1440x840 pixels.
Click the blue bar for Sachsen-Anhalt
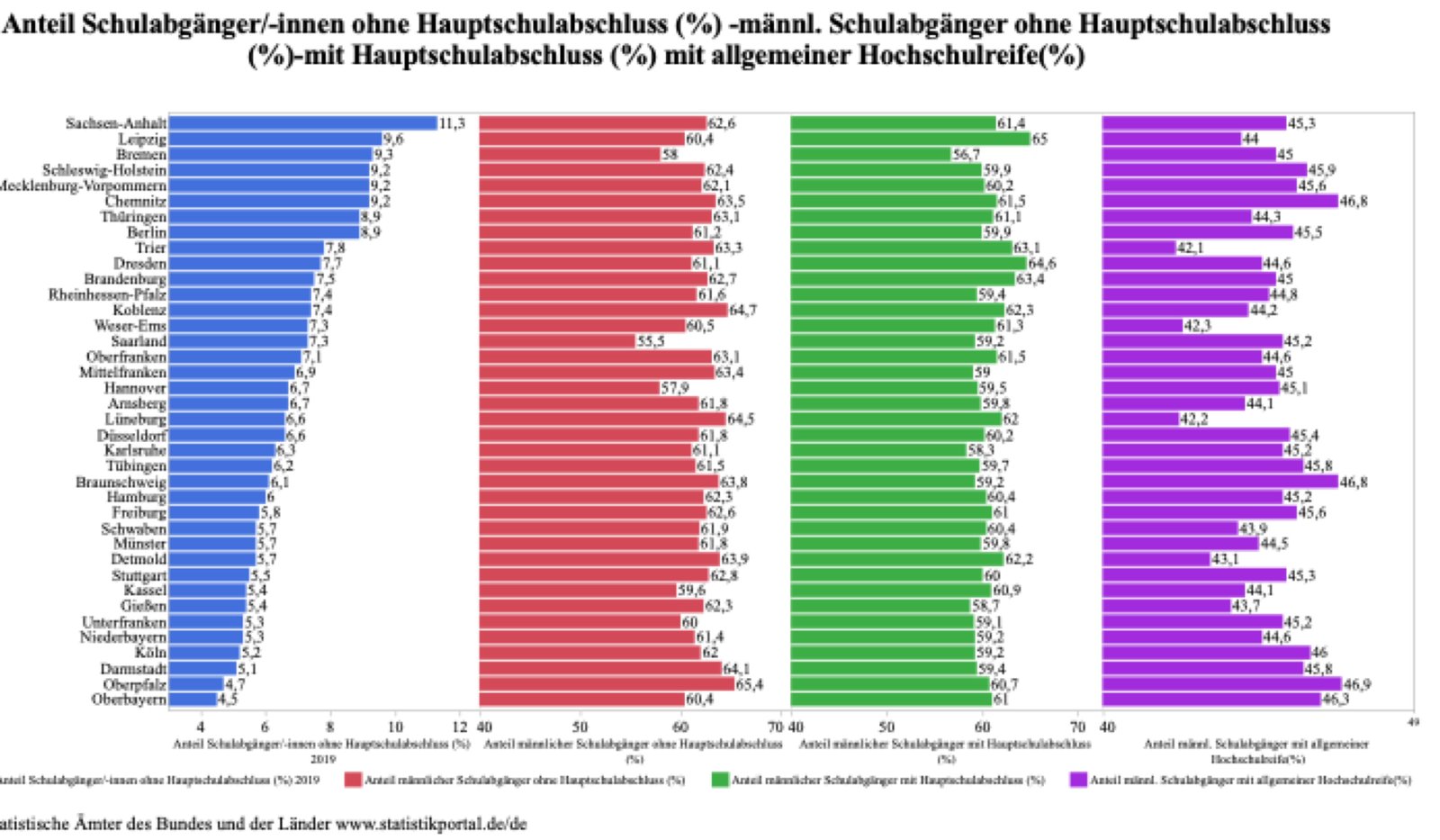point(302,123)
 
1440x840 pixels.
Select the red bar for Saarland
point(556,341)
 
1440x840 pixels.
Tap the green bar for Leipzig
point(910,139)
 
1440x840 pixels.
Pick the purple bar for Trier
point(1138,248)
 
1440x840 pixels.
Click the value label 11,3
point(452,123)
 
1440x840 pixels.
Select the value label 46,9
point(1356,684)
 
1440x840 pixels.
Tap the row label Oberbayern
point(129,700)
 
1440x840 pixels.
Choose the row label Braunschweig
point(121,482)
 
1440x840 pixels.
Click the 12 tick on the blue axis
point(460,727)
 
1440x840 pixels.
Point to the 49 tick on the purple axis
point(1412,722)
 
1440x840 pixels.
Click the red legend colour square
point(353,780)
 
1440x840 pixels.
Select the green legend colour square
point(719,780)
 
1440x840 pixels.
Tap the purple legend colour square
point(1078,780)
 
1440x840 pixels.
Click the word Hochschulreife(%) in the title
point(971,56)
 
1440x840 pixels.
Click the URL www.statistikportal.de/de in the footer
point(431,823)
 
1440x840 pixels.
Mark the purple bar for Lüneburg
point(1140,419)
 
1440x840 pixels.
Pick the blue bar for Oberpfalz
point(195,684)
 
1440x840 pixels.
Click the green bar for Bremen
point(870,155)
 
